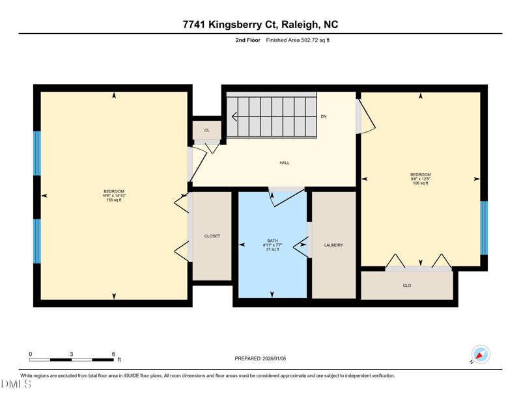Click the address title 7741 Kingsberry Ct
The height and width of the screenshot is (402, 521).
(260, 25)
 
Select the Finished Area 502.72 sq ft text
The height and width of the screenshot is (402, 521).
(298, 40)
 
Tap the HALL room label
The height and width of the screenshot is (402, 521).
(285, 163)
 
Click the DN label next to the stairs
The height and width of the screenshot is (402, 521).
(324, 116)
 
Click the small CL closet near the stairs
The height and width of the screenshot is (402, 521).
(207, 130)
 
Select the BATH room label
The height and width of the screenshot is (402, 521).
(272, 241)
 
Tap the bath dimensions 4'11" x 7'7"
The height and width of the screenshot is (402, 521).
(272, 245)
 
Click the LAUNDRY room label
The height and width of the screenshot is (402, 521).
(333, 245)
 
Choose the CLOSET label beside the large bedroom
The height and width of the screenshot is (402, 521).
(212, 236)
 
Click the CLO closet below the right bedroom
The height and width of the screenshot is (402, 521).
(407, 286)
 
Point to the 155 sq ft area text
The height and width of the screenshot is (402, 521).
(114, 200)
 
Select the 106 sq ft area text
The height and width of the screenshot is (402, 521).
(420, 183)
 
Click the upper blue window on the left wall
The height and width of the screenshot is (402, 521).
(37, 154)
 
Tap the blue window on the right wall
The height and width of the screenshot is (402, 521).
(484, 228)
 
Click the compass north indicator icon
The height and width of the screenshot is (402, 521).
(480, 355)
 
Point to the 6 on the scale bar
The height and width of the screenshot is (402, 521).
(113, 354)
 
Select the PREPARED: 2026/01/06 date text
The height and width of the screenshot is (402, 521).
(260, 358)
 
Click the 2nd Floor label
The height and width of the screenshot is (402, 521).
(248, 40)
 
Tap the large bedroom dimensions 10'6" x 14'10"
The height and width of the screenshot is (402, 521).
(114, 196)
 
